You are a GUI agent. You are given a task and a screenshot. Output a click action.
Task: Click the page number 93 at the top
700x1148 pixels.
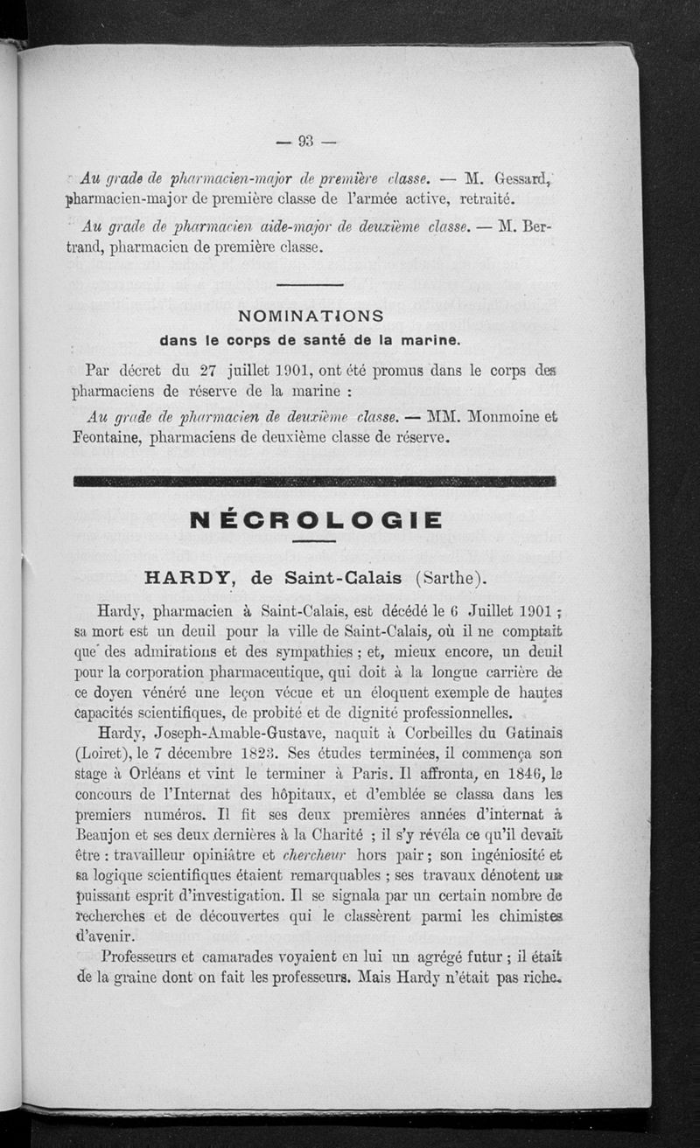(x=305, y=140)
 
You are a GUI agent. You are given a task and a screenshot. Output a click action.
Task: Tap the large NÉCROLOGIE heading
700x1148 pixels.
(x=314, y=520)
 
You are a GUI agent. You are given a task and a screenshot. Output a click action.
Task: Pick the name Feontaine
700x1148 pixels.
(x=108, y=436)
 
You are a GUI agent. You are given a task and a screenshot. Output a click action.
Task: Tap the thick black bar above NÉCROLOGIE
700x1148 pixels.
(x=314, y=480)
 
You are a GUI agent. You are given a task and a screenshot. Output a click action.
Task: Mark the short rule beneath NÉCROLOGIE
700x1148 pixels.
(x=314, y=541)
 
